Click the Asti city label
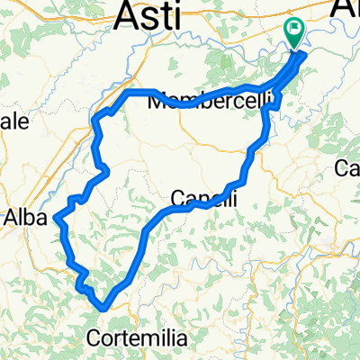(x=150, y=15)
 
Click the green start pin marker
(x=294, y=32)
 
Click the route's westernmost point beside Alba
(x=56, y=217)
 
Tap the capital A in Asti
(x=129, y=15)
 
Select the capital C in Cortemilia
(x=96, y=338)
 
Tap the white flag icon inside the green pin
(x=294, y=30)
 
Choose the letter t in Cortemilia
(x=127, y=338)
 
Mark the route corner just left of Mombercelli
(x=129, y=92)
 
